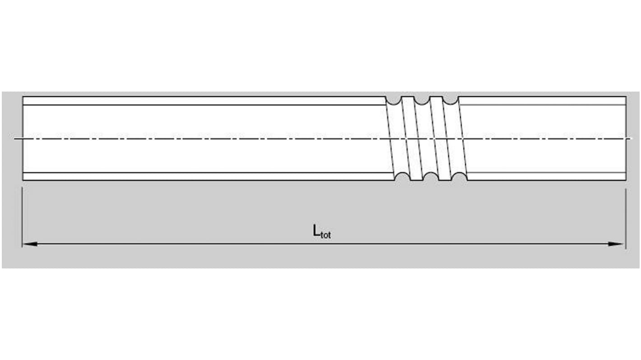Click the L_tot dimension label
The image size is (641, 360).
coord(321,232)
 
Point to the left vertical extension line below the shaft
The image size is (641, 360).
coord(22,217)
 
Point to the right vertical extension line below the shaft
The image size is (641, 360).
coord(625,217)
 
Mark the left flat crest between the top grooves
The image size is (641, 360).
coord(408,97)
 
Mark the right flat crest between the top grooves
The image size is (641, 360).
coord(436,97)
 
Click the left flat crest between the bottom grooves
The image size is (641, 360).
coord(417,180)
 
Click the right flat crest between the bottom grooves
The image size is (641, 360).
coord(445,180)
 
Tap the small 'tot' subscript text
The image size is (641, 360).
coord(325,235)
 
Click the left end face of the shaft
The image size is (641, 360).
coord(23,138)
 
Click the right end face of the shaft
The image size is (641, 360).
coord(626,138)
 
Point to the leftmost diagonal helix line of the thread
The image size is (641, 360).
coord(390,138)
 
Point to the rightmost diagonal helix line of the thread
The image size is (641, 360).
coord(463,138)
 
